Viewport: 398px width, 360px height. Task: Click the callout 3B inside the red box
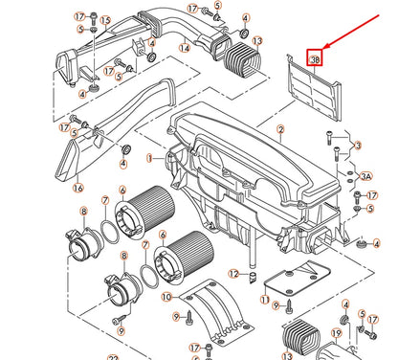point(315,58)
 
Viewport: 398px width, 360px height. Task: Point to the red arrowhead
point(324,47)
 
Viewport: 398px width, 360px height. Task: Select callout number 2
point(280,128)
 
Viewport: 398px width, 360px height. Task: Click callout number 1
point(149,157)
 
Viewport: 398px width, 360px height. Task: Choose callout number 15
point(106,19)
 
